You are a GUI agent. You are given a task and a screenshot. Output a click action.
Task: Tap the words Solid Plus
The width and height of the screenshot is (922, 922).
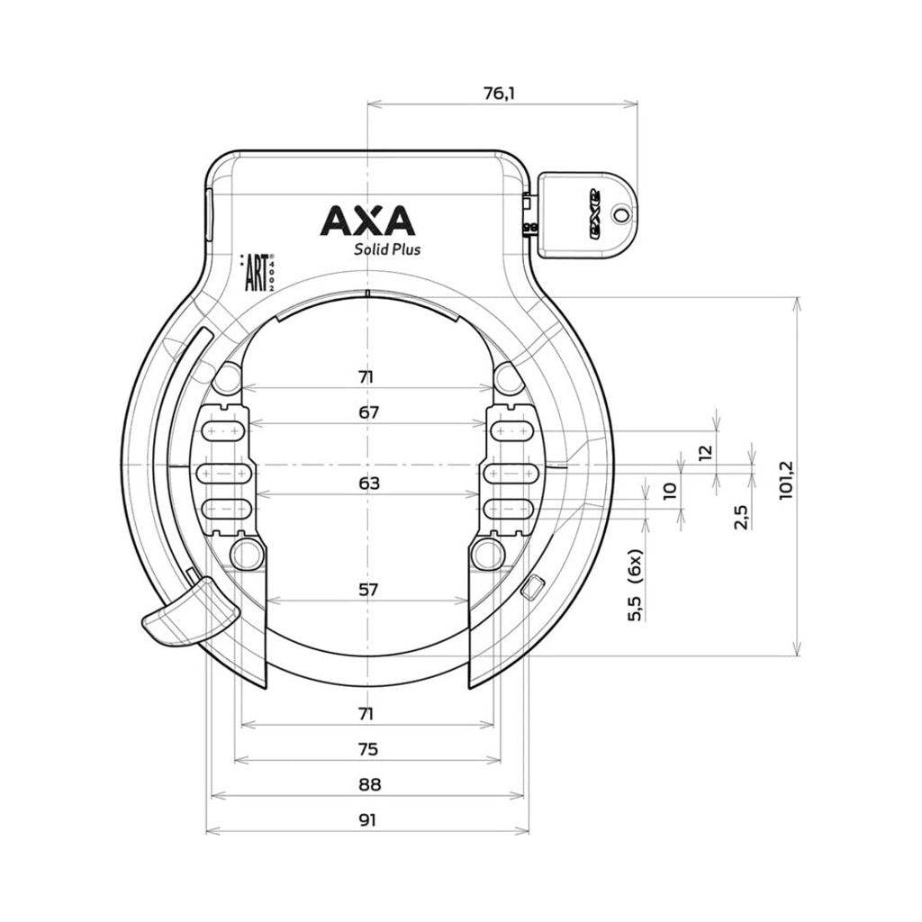pos(387,249)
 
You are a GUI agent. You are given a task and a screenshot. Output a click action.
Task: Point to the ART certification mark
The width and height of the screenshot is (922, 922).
pos(256,271)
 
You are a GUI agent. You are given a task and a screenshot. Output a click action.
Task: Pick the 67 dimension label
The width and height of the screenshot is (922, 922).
pos(367,412)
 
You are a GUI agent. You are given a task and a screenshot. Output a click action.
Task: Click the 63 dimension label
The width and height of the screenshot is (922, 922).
pos(367,484)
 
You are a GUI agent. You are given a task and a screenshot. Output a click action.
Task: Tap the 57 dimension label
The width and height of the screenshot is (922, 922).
pos(367,590)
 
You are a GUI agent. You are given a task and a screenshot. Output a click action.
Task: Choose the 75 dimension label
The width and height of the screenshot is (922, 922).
pos(367,749)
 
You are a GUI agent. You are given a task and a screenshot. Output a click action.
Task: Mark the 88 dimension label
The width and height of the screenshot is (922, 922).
pos(367,785)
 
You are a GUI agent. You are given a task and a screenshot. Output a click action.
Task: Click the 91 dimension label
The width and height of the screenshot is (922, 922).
pos(367,820)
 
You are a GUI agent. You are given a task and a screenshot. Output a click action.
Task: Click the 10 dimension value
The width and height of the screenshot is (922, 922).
pos(669,491)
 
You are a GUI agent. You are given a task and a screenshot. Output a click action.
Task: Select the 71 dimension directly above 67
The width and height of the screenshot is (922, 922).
pos(367,377)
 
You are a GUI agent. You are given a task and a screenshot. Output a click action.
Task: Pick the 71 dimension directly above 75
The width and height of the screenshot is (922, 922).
pos(367,714)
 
